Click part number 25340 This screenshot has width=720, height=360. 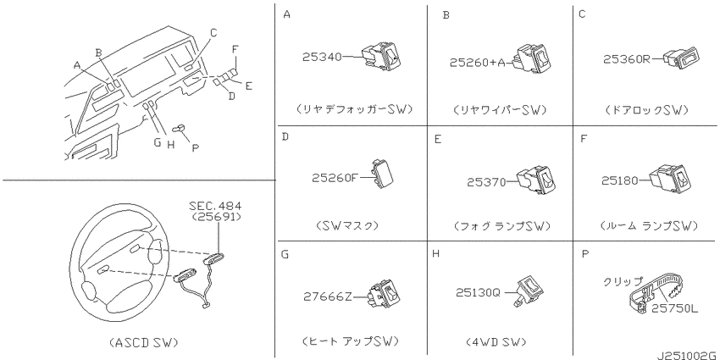pos(322,57)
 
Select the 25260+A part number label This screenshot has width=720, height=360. pos(477,63)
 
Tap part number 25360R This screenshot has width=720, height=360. pos(626,59)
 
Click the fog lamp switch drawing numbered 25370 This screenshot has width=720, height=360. pos(535,179)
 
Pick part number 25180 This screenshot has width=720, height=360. pos(620,181)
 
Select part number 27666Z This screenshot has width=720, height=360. pos(328,297)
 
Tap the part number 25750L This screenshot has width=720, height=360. pos(678,309)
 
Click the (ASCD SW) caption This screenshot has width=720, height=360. pos(144,342)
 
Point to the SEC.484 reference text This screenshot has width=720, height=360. pos(215,206)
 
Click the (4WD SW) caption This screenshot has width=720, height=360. pos(496,342)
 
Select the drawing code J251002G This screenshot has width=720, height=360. pos(687,356)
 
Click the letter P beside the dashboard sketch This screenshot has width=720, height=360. pos(195,148)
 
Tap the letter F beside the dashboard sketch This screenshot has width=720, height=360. pos(235,49)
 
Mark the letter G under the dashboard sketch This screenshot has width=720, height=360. pos(157,142)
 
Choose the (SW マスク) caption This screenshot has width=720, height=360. pos(347,226)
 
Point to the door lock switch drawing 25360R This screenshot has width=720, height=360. pos(681,59)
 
